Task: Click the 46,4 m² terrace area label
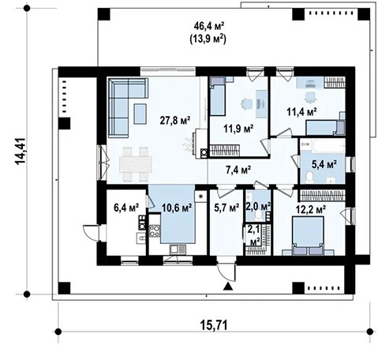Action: click(208, 26)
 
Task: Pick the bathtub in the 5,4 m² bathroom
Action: click(324, 148)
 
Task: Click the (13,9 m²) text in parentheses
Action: click(208, 39)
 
